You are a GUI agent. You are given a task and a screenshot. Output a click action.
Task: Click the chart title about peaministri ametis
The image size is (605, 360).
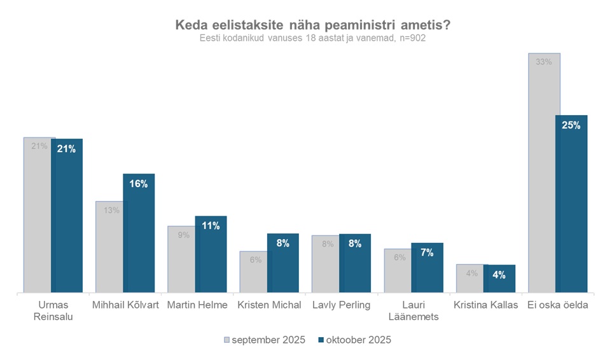[312, 25]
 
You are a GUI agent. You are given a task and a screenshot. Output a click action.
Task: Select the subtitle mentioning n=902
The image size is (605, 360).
[312, 38]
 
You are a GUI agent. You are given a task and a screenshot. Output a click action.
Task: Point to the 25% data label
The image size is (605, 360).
[571, 126]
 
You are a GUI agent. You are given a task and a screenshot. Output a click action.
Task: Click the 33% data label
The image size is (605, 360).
[543, 62]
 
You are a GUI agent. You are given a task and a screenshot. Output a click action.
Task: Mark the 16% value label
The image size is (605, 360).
[139, 184]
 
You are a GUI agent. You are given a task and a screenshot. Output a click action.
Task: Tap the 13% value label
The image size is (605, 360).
[111, 210]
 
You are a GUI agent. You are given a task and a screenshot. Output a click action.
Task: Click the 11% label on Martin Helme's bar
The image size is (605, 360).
[211, 226]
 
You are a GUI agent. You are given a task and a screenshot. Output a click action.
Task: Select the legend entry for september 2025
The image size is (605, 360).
[264, 340]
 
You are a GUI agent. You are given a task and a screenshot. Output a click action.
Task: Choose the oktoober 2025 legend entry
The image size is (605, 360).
[354, 340]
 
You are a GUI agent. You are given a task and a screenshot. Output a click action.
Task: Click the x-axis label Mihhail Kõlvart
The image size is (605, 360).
[125, 305]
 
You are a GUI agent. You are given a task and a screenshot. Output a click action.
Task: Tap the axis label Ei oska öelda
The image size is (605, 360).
[557, 305]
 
